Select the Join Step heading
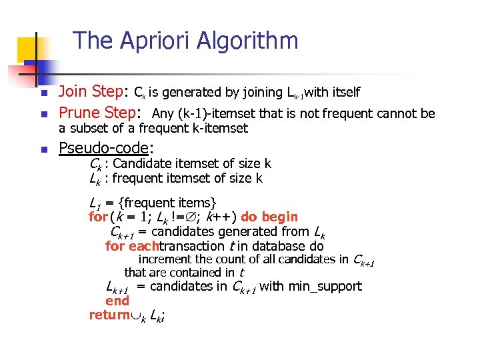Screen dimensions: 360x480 (93, 91)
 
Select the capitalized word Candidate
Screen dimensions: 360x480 (141, 163)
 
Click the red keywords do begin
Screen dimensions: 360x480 (269, 217)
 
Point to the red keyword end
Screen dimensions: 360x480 (117, 301)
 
